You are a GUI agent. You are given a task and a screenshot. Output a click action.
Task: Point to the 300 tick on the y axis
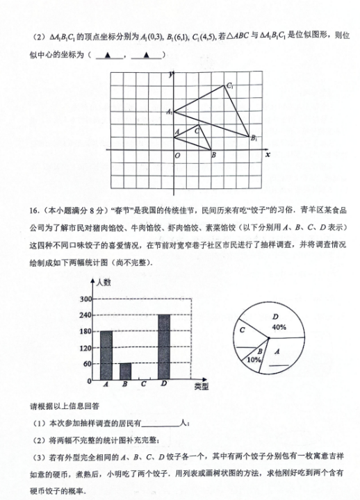pyautogui.click(x=87, y=299)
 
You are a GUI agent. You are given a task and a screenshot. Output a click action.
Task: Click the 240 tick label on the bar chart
pyautogui.click(x=87, y=315)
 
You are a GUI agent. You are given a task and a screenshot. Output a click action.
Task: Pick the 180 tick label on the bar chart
pyautogui.click(x=87, y=332)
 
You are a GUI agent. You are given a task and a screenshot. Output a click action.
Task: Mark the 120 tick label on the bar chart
pyautogui.click(x=87, y=348)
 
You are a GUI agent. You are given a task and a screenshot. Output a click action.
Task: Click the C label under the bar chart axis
pyautogui.click(x=144, y=384)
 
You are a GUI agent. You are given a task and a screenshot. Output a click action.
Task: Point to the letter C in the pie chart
pyautogui.click(x=243, y=331)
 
